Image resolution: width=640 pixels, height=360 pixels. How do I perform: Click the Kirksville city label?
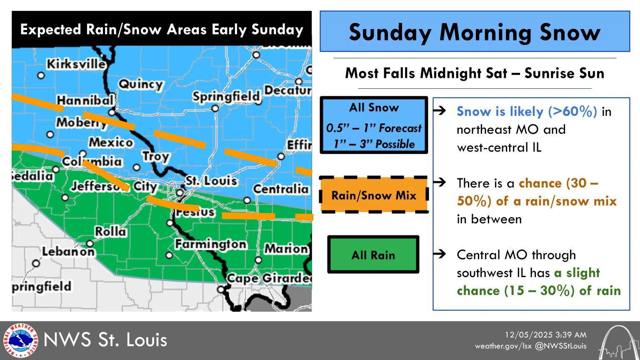pos(76,64)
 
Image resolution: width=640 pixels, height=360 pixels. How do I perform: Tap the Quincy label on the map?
pos(140,84)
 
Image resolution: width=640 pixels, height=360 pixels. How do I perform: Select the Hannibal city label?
pos(85,100)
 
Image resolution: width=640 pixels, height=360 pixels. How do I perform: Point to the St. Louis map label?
pos(211,181)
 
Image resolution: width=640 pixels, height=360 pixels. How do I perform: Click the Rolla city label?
pos(110,231)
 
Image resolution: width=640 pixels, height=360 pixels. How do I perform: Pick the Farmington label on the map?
pos(210,244)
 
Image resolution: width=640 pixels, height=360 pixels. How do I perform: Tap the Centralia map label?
pos(281,189)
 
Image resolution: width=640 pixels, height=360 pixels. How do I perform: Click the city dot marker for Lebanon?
pos(36,263)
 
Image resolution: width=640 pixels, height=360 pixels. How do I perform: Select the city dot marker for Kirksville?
pos(41,75)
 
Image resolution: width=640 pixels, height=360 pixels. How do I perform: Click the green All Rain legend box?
pos(373,255)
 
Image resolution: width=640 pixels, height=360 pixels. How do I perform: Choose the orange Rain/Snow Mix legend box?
pos(374,195)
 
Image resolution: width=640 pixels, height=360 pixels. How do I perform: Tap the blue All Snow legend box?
pos(374,125)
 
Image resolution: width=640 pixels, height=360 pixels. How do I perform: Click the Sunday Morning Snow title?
pos(475,32)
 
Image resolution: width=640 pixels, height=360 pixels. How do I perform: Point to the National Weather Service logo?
pos(20,340)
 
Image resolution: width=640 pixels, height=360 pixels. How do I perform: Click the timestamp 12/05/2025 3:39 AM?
pos(545,335)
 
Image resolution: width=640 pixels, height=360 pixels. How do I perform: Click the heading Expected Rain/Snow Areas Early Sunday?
pos(162,30)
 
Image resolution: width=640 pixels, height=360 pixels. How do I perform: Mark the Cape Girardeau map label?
pos(269,278)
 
